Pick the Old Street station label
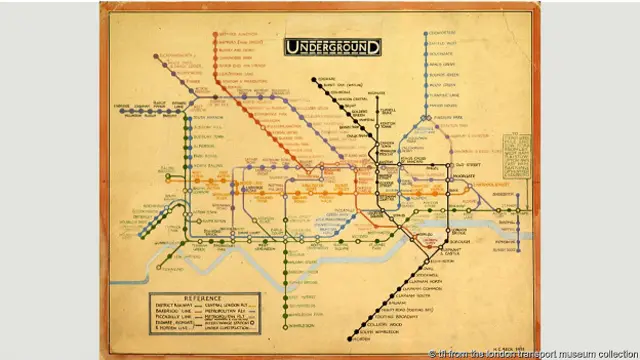469,165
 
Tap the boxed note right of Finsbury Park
517,156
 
